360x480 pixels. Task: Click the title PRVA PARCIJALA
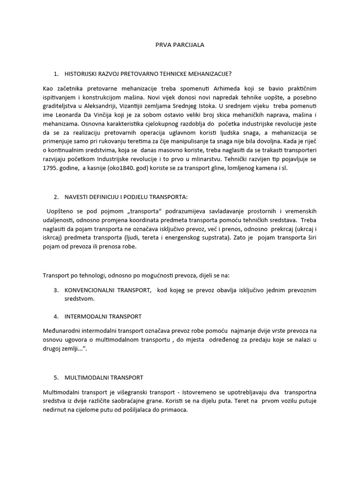[180, 45]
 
